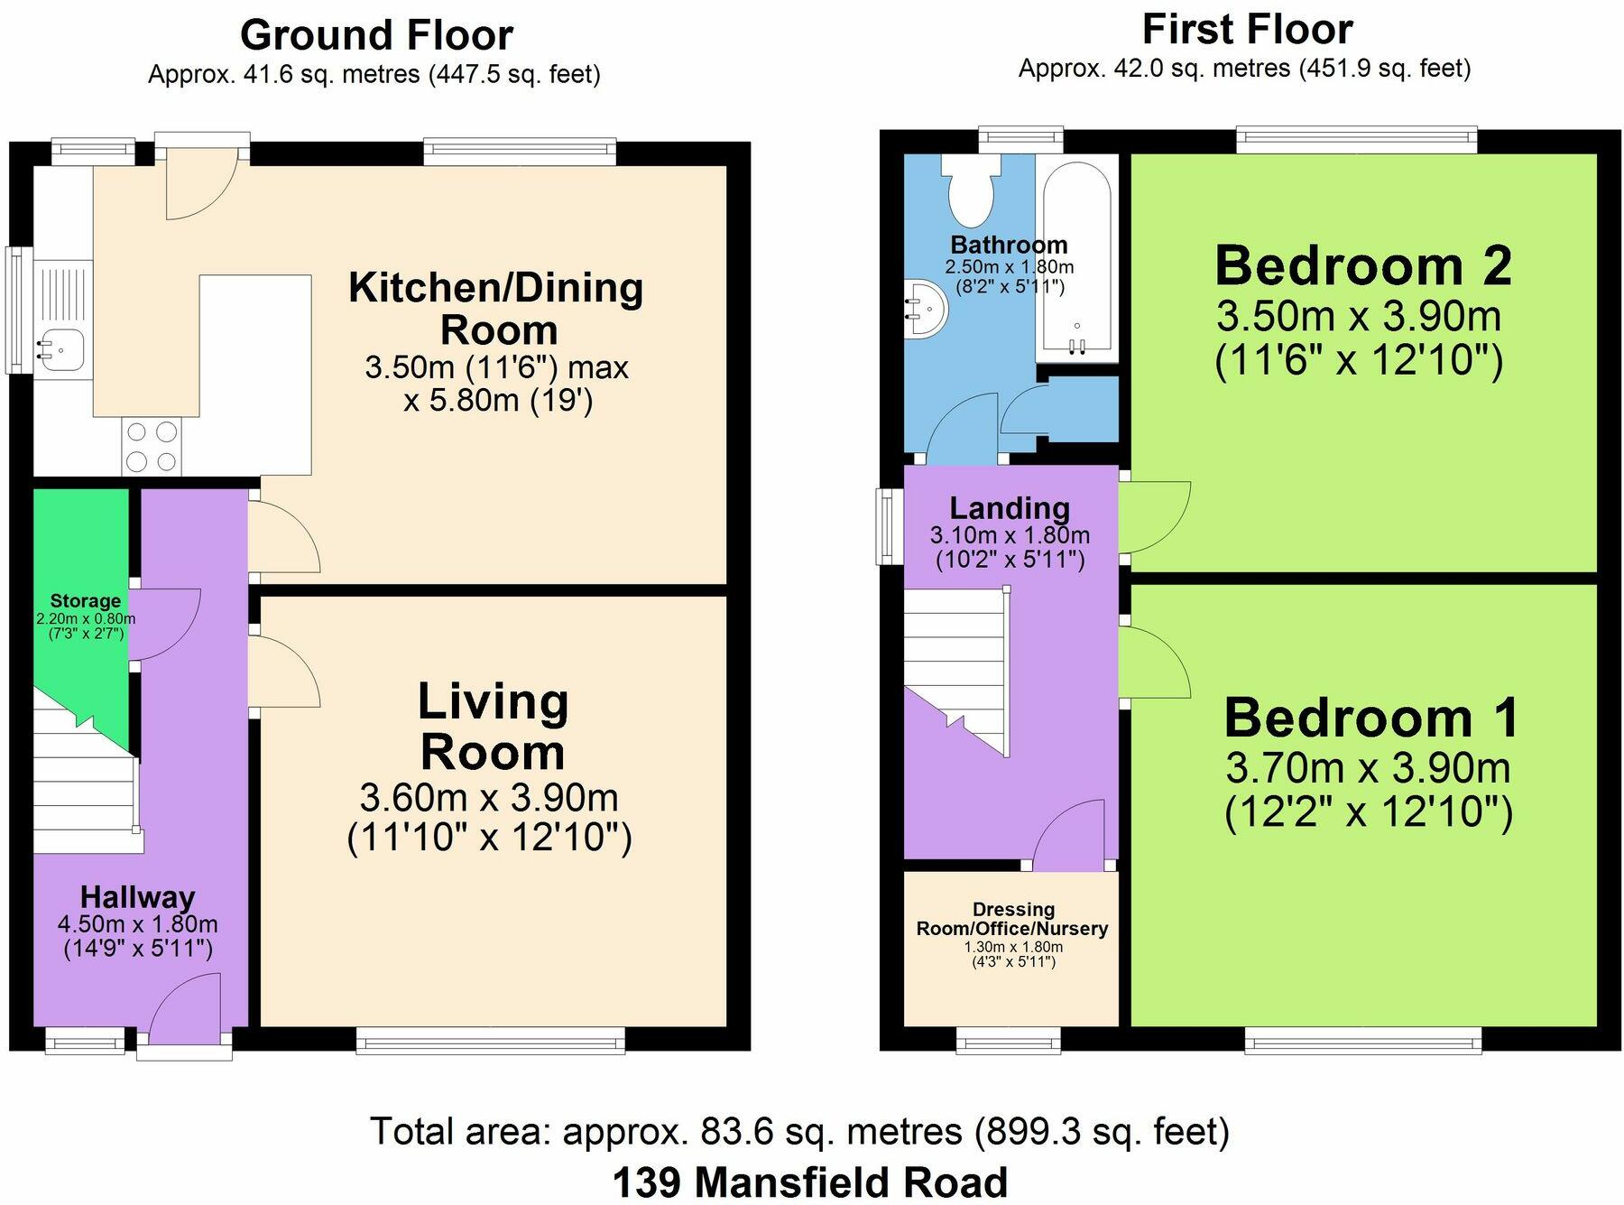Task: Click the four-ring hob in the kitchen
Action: point(152,447)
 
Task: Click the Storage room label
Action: point(86,601)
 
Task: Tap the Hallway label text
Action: point(138,897)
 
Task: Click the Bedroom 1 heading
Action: point(1371,718)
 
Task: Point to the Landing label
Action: point(1010,509)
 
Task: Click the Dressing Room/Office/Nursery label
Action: point(1012,919)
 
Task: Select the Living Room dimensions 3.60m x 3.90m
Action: point(489,798)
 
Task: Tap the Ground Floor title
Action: point(376,35)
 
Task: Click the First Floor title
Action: point(1248,29)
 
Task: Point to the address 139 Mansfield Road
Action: point(810,1182)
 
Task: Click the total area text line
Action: point(799,1131)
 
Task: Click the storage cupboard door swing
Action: point(167,623)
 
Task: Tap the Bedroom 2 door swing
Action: point(1156,516)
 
